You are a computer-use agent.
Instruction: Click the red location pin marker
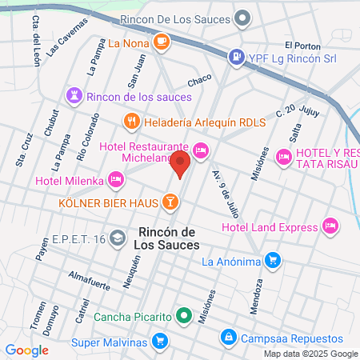[180, 166]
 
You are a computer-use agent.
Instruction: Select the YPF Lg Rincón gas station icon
[236, 57]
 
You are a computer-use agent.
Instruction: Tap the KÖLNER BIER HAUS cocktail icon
[170, 202]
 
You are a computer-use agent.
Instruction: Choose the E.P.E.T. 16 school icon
[117, 238]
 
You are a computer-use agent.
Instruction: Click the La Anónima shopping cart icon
[274, 260]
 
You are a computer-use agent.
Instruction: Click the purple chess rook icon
[75, 97]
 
